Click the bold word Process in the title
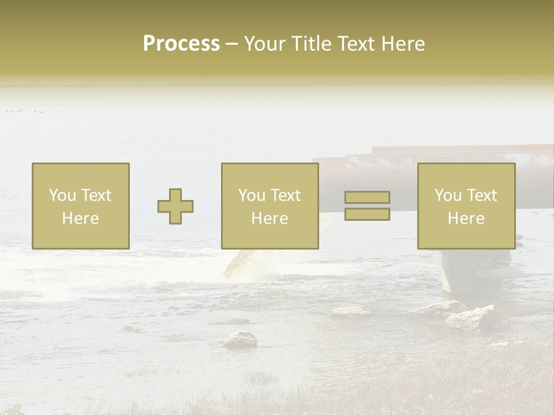click(181, 44)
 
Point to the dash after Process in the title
click(231, 44)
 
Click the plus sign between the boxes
click(175, 206)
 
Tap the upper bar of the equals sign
click(367, 198)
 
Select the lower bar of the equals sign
click(367, 214)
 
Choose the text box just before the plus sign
click(81, 206)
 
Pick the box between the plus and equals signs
click(270, 206)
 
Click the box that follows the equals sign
click(466, 206)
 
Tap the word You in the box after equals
click(448, 195)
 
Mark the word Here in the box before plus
click(80, 218)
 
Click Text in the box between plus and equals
click(285, 195)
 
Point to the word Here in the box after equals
click(466, 218)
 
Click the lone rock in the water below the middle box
click(240, 339)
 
